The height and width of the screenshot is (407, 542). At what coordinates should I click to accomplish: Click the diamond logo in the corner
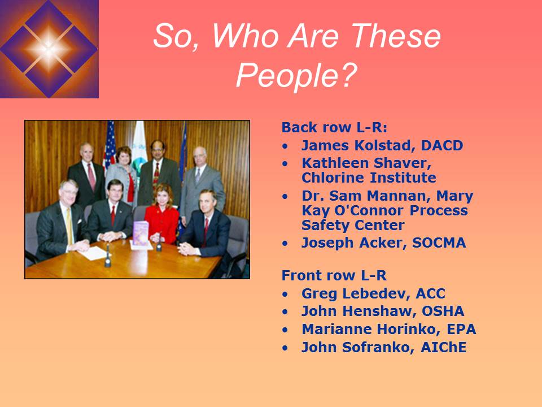(49, 49)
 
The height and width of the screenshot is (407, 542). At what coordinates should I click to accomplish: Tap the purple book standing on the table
(140, 233)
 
